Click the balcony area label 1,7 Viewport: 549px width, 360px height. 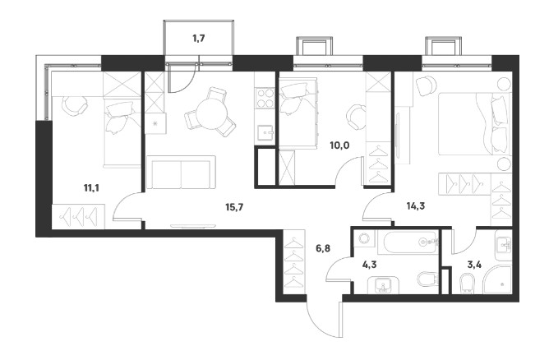199,38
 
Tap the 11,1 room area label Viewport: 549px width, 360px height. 91,188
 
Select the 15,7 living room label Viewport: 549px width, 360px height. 234,207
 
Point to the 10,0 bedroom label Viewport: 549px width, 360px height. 339,145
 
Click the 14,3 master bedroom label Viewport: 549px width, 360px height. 416,206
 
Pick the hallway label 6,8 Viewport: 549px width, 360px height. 323,249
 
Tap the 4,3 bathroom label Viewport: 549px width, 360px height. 369,265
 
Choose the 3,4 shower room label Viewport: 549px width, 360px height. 474,265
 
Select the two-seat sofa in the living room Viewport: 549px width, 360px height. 181,173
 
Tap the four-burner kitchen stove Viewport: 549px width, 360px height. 265,99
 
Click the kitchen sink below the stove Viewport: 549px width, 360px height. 265,132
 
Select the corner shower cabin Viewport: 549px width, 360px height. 497,279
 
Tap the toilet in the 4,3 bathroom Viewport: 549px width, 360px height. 428,279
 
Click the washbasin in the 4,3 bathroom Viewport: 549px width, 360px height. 383,285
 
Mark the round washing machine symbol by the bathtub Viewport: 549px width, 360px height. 364,239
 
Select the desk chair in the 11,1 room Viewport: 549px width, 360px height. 75,106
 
